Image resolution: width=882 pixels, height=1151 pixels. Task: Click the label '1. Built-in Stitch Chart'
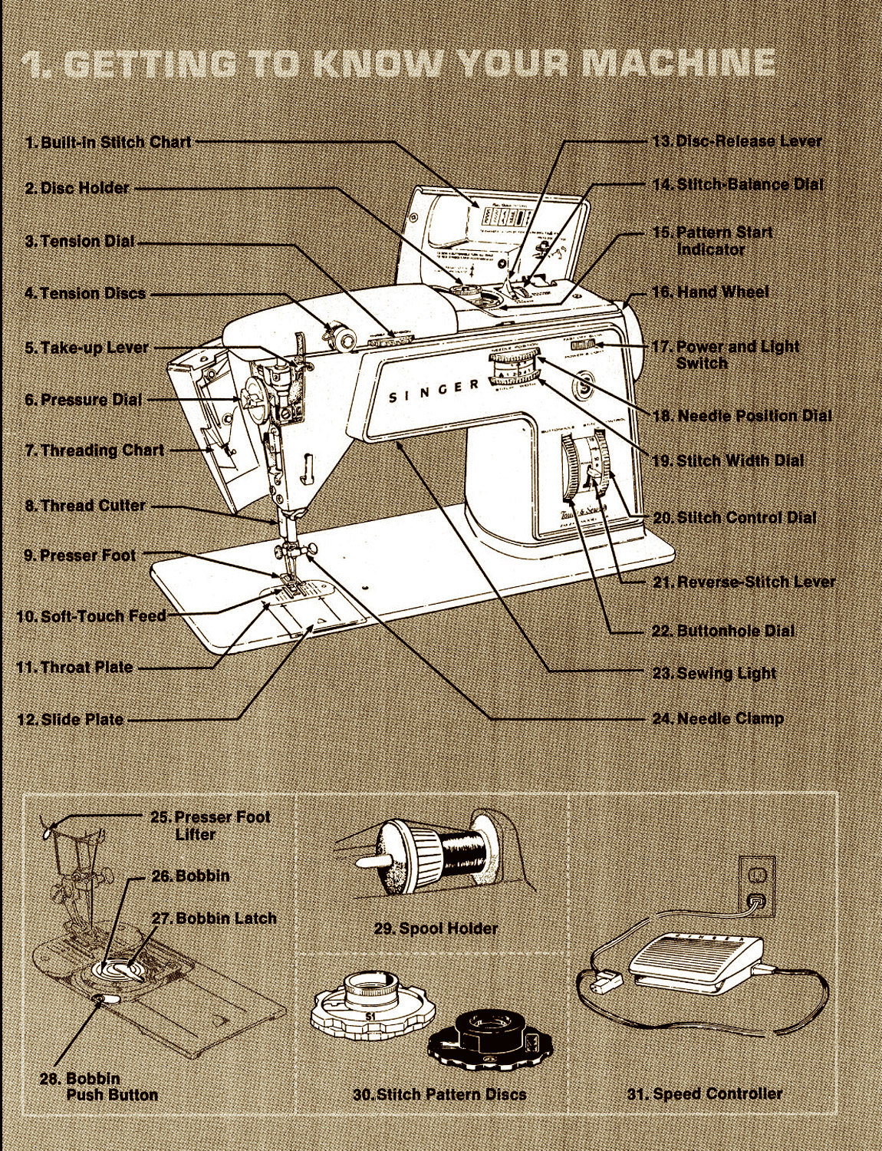(108, 142)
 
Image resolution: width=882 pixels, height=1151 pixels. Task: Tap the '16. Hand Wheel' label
(710, 292)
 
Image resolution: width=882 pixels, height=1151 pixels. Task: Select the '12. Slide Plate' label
(71, 720)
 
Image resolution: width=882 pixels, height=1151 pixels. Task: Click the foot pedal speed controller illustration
(694, 959)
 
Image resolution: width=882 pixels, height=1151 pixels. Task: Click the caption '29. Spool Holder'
(436, 928)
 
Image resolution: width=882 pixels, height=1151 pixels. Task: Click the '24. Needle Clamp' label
(718, 719)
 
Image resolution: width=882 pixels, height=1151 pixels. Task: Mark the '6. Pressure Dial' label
(84, 400)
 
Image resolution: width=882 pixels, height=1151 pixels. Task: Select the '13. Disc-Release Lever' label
(736, 141)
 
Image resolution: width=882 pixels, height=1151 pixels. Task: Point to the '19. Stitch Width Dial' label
(728, 460)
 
